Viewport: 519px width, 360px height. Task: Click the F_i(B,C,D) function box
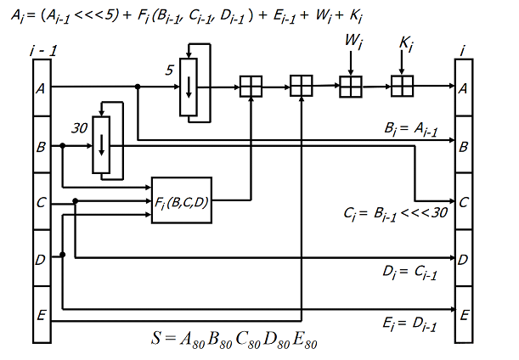[182, 201]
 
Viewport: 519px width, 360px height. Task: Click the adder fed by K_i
[403, 87]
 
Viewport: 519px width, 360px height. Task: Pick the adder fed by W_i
[351, 87]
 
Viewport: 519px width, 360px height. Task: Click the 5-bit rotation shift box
[189, 87]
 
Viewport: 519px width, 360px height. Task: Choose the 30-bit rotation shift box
[102, 146]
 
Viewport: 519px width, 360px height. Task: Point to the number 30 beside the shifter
[79, 128]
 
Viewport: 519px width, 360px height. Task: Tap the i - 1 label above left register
[41, 53]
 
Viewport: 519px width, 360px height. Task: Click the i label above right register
[463, 52]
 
